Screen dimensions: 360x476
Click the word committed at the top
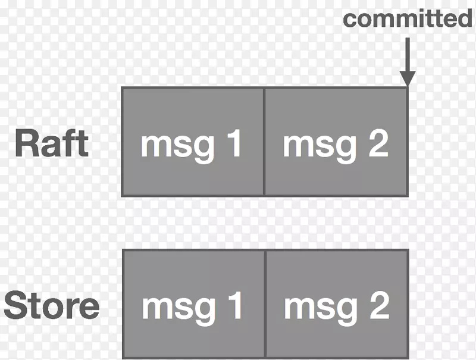[x=407, y=18]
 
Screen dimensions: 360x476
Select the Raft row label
[x=52, y=143]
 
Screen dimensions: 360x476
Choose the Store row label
[x=51, y=305]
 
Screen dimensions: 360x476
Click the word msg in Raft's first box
[x=178, y=146]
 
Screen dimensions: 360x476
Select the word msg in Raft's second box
[x=320, y=146]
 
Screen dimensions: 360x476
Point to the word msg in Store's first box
[x=178, y=308]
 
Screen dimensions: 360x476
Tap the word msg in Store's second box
[x=321, y=308]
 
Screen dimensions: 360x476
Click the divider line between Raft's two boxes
[x=264, y=142]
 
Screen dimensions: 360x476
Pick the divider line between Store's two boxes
[x=265, y=304]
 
